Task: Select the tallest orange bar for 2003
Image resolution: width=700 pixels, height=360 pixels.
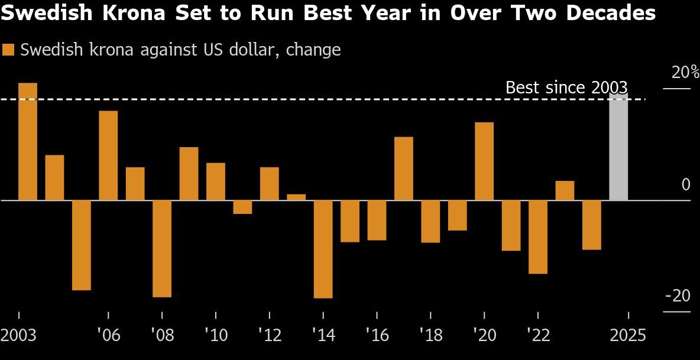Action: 28,141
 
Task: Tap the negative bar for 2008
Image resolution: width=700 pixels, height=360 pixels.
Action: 162,248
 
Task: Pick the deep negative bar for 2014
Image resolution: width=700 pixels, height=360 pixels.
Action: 323,249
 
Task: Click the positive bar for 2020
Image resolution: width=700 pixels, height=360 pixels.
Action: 484,161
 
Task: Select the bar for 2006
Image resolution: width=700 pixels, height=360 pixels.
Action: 108,155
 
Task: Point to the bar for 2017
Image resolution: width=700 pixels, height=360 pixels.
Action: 404,168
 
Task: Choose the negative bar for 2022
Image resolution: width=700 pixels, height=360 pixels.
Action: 538,236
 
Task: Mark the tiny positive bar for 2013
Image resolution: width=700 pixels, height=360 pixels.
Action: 296,197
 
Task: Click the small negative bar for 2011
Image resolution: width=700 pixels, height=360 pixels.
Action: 242,207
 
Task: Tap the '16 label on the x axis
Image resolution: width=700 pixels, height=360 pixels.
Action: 377,336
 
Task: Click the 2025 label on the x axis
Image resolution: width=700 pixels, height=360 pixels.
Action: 627,336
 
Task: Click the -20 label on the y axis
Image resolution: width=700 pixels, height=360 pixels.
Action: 678,296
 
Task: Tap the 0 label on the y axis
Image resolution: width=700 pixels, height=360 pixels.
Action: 686,184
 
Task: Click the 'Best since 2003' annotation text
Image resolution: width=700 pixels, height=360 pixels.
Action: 566,87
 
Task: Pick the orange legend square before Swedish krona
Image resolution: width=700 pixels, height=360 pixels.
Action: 8,50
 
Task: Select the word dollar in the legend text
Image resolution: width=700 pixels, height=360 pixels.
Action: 255,50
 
